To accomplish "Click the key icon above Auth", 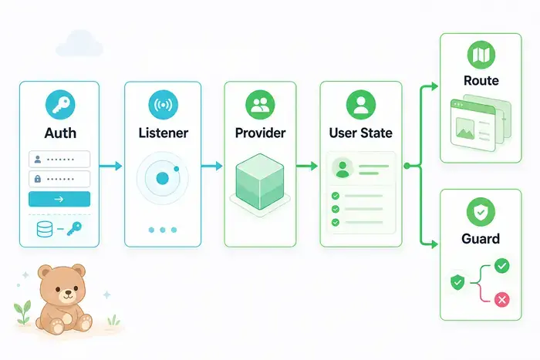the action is point(60,105).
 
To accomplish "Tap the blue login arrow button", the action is point(59,199).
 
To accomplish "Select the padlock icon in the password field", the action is point(38,179).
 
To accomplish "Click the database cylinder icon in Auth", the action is point(45,229).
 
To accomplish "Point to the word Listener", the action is point(164,133).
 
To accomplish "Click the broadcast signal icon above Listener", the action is point(164,105).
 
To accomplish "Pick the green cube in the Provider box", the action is point(260,181).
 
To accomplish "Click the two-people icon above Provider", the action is point(261,105).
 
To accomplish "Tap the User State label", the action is point(360,133).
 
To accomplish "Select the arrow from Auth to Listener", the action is point(110,166).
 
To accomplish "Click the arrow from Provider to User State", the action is point(306,166).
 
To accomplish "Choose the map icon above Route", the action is point(481,55).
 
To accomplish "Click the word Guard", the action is point(481,238).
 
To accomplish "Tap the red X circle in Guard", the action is point(501,299).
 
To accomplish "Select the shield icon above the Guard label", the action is point(481,212).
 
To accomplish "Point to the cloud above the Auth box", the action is point(79,43).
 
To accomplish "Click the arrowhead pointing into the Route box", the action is point(434,86).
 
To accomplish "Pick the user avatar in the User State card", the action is point(343,169).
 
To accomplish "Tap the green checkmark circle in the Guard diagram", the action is point(501,266).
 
